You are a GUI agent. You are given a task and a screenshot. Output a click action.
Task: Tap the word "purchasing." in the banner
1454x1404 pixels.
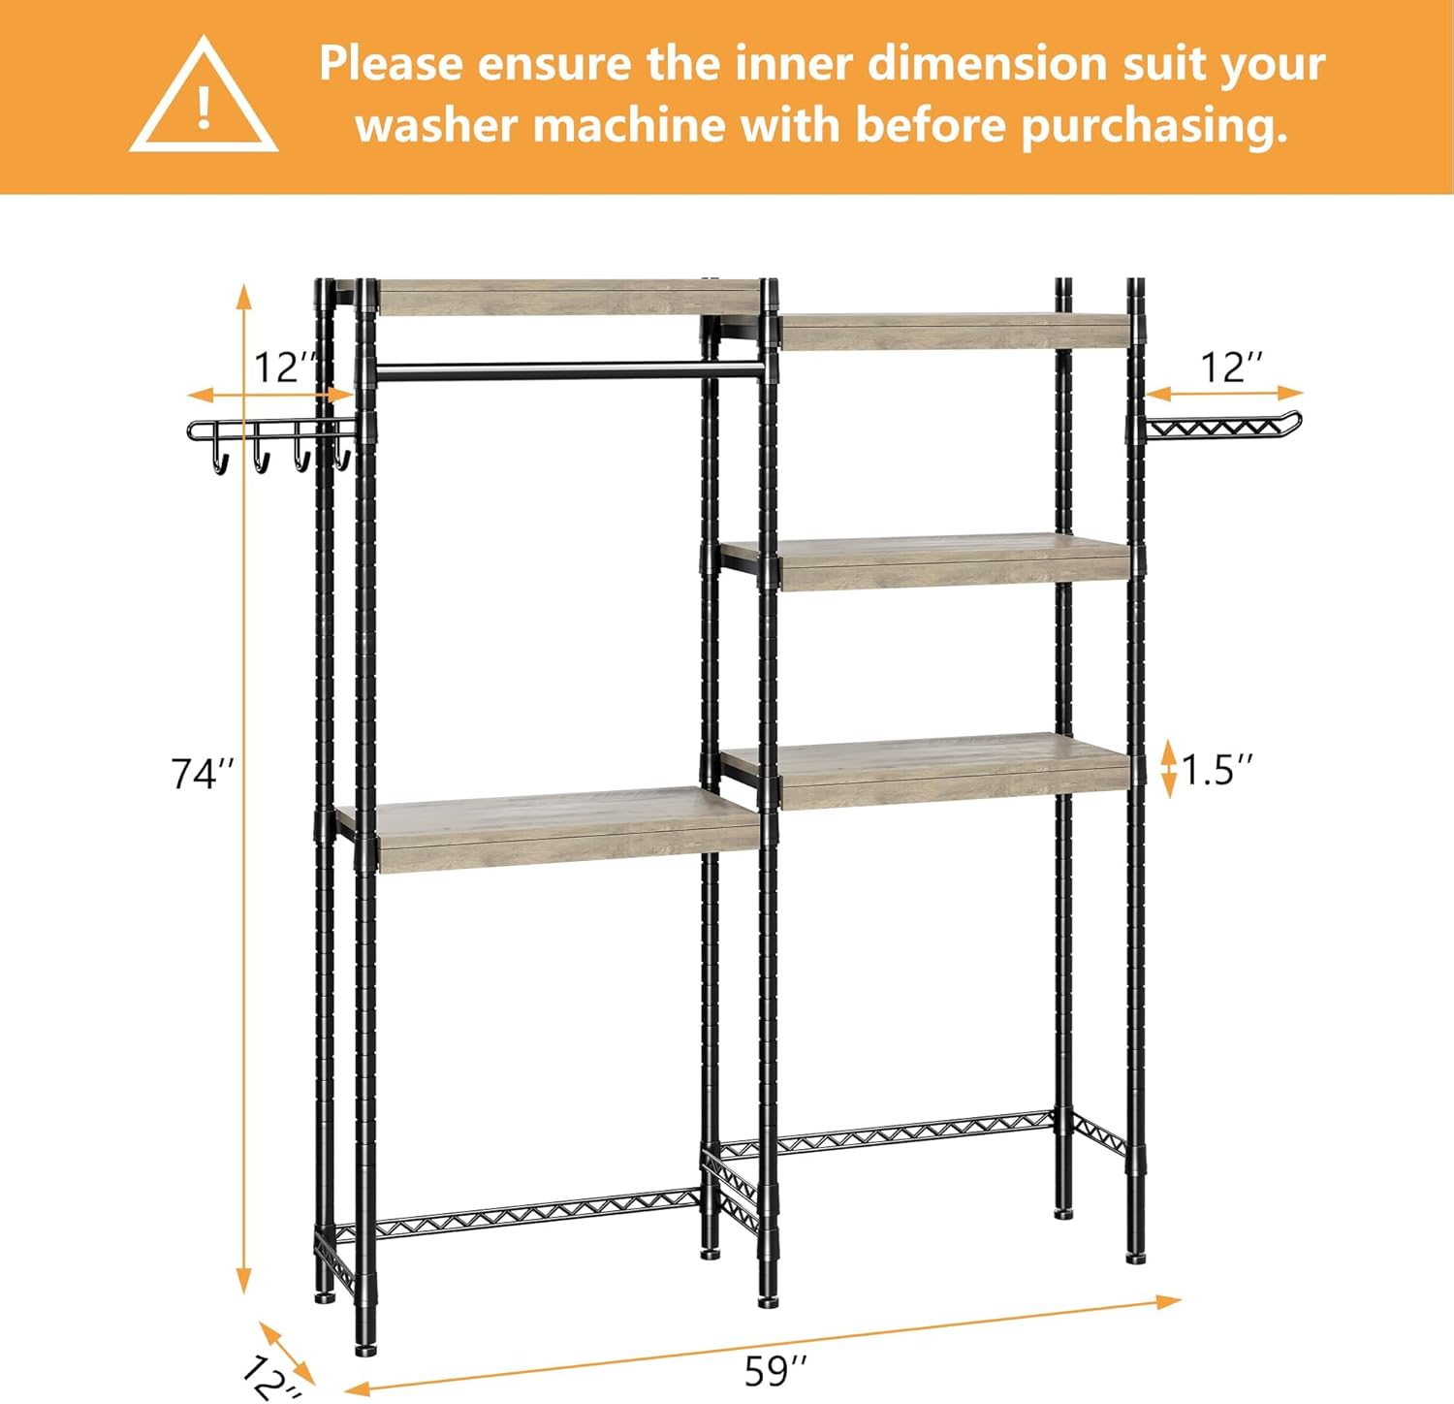click(x=1154, y=127)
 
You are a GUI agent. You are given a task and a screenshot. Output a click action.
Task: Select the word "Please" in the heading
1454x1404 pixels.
click(x=392, y=64)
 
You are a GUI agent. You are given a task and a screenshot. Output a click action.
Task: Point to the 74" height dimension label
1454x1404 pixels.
click(x=203, y=774)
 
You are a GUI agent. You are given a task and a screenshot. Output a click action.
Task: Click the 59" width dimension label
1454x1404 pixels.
click(x=775, y=1371)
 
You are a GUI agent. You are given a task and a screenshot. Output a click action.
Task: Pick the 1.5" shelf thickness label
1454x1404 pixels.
click(x=1217, y=770)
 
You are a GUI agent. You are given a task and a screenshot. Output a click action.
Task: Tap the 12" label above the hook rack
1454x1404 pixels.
click(x=285, y=368)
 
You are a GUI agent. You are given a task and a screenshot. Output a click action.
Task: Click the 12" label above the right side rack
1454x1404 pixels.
click(x=1231, y=368)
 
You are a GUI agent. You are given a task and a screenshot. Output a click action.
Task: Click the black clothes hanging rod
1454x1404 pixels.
click(x=567, y=369)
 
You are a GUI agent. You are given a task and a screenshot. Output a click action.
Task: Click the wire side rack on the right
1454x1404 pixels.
click(x=1221, y=427)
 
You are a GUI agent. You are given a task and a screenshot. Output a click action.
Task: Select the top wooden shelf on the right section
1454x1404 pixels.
click(x=955, y=332)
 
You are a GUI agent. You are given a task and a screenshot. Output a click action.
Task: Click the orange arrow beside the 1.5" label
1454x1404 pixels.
click(x=1168, y=768)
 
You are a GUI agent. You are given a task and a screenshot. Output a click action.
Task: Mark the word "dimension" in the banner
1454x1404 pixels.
click(x=987, y=64)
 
